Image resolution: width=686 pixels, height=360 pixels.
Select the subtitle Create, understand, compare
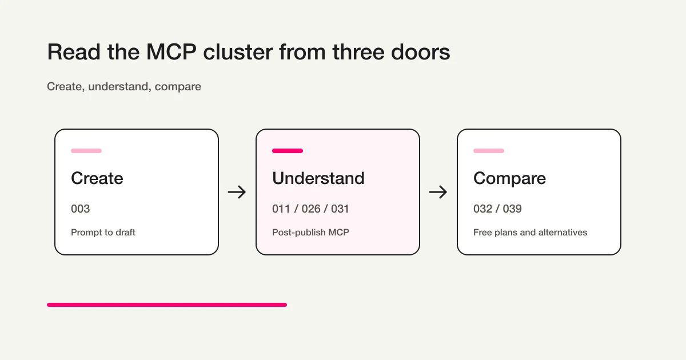point(124,87)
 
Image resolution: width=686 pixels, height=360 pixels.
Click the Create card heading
point(97,178)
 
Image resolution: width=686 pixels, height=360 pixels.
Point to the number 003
point(81,209)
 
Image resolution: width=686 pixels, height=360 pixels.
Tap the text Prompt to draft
point(103,233)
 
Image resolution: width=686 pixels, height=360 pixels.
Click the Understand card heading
point(318,178)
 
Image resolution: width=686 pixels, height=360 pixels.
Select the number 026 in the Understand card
point(311,209)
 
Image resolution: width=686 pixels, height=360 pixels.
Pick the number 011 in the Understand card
point(281,209)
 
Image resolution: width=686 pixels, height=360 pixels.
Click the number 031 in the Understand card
point(340,209)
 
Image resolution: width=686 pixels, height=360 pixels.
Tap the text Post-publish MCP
point(310,233)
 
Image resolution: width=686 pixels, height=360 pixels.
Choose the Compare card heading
point(509,178)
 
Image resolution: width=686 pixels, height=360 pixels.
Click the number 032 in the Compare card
point(483,209)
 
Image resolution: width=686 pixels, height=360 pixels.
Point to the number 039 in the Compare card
point(512,209)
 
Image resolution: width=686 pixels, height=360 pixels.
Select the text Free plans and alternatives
point(530,233)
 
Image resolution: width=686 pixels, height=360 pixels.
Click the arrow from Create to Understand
point(237,192)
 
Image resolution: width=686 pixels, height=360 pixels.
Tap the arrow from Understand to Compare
point(438,192)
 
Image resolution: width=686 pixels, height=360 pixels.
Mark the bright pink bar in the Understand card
point(288,151)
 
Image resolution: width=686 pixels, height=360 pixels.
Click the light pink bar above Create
point(86,151)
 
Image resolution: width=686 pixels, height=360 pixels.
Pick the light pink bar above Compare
point(489,151)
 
